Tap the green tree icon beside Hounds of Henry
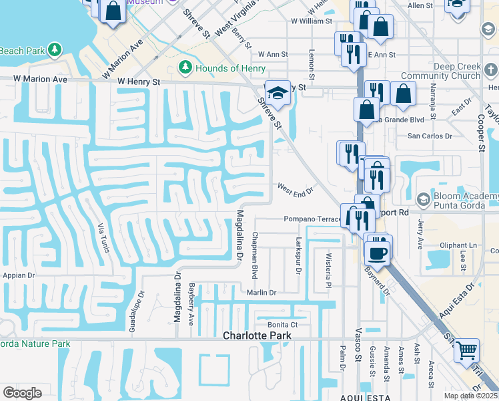tap(186, 68)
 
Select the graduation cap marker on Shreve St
tap(277, 92)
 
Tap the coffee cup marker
tap(378, 252)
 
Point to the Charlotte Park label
tap(257, 336)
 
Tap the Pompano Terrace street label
tap(312, 219)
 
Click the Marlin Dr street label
tap(261, 292)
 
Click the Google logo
tap(22, 392)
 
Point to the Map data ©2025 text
tap(471, 396)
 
